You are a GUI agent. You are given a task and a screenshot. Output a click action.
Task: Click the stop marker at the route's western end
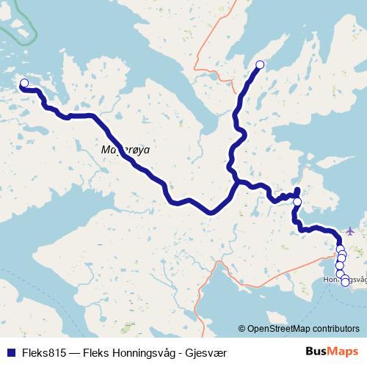pyautogui.click(x=23, y=84)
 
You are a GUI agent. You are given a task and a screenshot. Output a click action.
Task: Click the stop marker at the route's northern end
pyautogui.click(x=259, y=65)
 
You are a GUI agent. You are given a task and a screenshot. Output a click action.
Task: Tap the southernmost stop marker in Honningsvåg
pyautogui.click(x=345, y=282)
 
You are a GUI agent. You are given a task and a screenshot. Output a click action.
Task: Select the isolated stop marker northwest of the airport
pyautogui.click(x=297, y=201)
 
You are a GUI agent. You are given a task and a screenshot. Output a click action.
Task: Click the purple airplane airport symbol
pyautogui.click(x=349, y=231)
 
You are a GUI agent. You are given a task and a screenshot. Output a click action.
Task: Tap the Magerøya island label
pyautogui.click(x=124, y=149)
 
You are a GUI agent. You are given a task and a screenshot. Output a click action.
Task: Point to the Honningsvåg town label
pyautogui.click(x=344, y=280)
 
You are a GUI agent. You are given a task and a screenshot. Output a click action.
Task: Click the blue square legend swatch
pyautogui.click(x=8, y=352)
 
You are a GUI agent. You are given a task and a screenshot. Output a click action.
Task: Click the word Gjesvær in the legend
pyautogui.click(x=206, y=352)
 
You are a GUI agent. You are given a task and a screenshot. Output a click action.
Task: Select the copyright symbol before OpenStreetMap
pyautogui.click(x=243, y=329)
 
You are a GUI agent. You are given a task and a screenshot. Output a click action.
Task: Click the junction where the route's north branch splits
pyautogui.click(x=235, y=178)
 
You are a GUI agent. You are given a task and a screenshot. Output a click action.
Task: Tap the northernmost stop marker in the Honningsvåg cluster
pyautogui.click(x=339, y=249)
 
